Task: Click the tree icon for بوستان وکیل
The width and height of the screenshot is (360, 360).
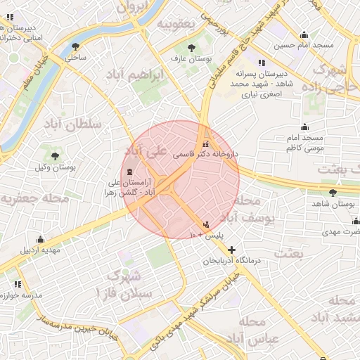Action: [55, 155]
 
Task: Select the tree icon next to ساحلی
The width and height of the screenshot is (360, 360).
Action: [75, 47]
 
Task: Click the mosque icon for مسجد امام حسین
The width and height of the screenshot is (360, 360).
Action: [304, 35]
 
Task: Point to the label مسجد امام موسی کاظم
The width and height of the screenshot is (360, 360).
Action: [304, 143]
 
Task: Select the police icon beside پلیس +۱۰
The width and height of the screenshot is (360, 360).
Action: [205, 224]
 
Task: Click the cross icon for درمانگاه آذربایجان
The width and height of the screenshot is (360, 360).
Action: [231, 250]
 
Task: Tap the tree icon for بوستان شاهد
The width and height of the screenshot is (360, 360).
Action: [333, 193]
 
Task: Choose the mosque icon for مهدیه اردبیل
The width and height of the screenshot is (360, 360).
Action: [41, 239]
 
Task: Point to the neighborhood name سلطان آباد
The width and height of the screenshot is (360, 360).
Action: [74, 124]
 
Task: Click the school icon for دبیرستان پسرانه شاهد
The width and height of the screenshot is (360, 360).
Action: [262, 63]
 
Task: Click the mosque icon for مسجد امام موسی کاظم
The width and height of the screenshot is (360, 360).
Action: [304, 127]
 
